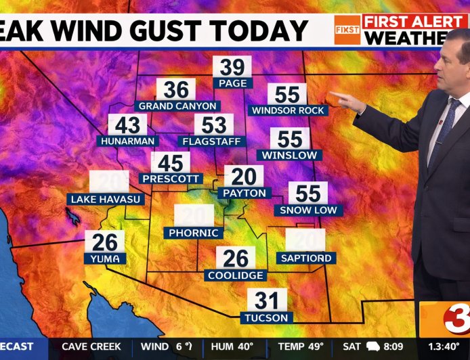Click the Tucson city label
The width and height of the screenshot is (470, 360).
pyautogui.click(x=267, y=317)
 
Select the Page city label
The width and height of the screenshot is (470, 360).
pyautogui.click(x=232, y=83)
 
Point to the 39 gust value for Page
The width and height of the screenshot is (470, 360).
pyautogui.click(x=232, y=67)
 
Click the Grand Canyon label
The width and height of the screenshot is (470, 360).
pyautogui.click(x=177, y=106)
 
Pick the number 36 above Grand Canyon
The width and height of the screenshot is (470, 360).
pyautogui.click(x=176, y=90)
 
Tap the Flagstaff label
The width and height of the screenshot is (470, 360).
pyautogui.click(x=214, y=141)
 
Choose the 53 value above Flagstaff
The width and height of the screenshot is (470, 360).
pyautogui.click(x=214, y=125)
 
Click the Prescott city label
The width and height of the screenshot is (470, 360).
pyautogui.click(x=171, y=179)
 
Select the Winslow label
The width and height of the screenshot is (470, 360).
pyautogui.click(x=290, y=155)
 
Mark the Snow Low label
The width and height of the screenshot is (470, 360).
pyautogui.click(x=308, y=210)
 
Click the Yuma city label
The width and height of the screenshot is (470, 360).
pyautogui.click(x=104, y=258)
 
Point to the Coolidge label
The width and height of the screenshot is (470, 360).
pyautogui.click(x=236, y=275)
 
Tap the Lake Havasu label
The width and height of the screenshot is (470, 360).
pyautogui.click(x=106, y=199)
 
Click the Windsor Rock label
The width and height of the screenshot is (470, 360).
pyautogui.click(x=288, y=110)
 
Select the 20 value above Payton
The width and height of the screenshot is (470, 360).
pyautogui.click(x=244, y=177)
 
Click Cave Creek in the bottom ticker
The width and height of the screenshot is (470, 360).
pyautogui.click(x=91, y=346)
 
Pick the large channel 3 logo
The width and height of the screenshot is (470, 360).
pyautogui.click(x=447, y=318)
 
